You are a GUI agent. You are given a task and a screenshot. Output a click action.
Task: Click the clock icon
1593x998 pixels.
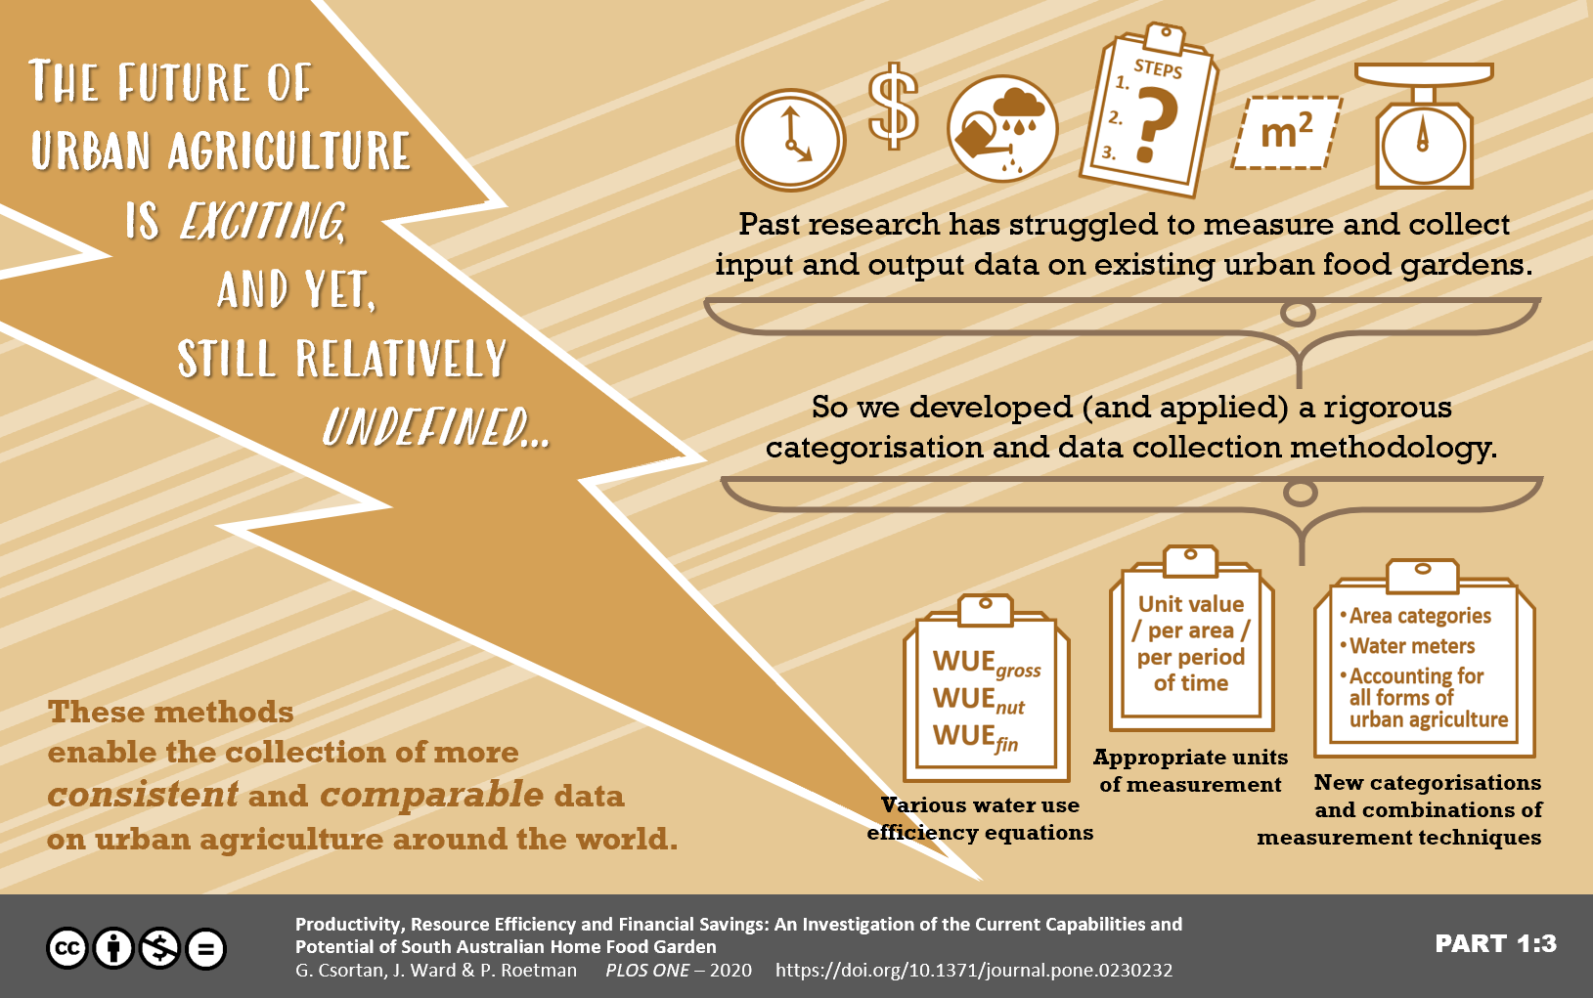coord(791,140)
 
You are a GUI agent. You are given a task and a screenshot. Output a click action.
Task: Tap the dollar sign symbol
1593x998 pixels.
coord(893,107)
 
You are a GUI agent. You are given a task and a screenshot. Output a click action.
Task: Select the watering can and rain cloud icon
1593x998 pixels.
coord(1002,129)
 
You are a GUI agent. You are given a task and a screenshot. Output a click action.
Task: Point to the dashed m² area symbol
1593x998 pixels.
coord(1287,132)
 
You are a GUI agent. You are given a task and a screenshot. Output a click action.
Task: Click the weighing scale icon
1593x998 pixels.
coord(1424,126)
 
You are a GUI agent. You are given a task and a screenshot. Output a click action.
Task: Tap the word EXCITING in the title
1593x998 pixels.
coord(263,221)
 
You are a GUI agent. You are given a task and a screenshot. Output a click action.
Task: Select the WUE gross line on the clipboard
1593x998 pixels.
coord(987,663)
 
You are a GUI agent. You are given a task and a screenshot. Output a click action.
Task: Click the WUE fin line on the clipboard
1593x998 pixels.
coord(975,737)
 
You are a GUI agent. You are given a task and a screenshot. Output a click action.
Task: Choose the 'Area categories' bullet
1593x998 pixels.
coord(1415,616)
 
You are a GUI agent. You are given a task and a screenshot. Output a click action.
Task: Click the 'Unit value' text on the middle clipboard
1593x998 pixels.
coord(1191,604)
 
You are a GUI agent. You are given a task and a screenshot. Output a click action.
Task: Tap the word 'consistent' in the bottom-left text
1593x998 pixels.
coord(143,794)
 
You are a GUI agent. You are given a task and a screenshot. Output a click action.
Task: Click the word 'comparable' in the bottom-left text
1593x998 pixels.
coord(431,795)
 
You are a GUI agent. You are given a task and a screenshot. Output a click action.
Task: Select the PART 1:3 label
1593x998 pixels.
coord(1496,943)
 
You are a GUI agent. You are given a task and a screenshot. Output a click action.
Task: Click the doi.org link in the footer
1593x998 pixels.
coord(974,971)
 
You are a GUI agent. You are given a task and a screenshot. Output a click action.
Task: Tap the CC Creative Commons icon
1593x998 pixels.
coord(67,948)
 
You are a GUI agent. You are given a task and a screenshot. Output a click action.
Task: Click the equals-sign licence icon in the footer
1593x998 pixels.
coord(206,948)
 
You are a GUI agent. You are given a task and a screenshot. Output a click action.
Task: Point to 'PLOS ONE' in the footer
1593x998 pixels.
coord(647,971)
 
